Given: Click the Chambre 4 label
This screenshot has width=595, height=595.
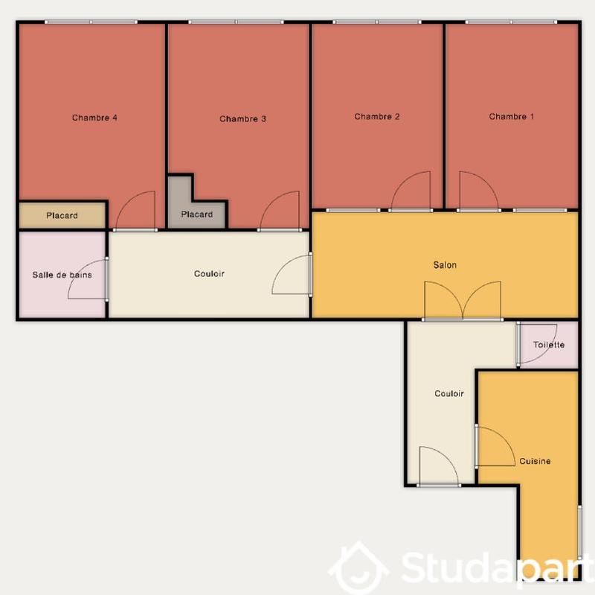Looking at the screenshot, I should pos(94,118).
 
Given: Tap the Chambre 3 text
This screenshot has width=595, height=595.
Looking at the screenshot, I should pos(242,119).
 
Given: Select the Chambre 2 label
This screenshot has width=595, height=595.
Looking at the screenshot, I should pos(377,117).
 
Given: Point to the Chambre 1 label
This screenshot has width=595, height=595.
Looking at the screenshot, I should pos(511,117).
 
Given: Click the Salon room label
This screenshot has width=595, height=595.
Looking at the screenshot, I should pos(445,265).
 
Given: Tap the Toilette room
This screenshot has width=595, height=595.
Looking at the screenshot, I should pos(549,345).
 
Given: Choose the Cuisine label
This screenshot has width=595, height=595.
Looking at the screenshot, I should pos(535,462).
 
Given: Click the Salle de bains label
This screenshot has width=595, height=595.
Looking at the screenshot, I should pos(62,275).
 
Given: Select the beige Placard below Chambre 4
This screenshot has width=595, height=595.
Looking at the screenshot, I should pos(62,216).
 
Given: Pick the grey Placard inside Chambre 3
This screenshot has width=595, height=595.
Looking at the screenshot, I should pos(197,214).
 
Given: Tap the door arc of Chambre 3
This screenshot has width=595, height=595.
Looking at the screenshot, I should pos(281,211).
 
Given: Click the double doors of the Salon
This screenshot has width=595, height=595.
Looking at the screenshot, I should pos(463,301).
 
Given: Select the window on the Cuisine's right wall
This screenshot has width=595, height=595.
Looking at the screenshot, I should pos(579,532).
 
